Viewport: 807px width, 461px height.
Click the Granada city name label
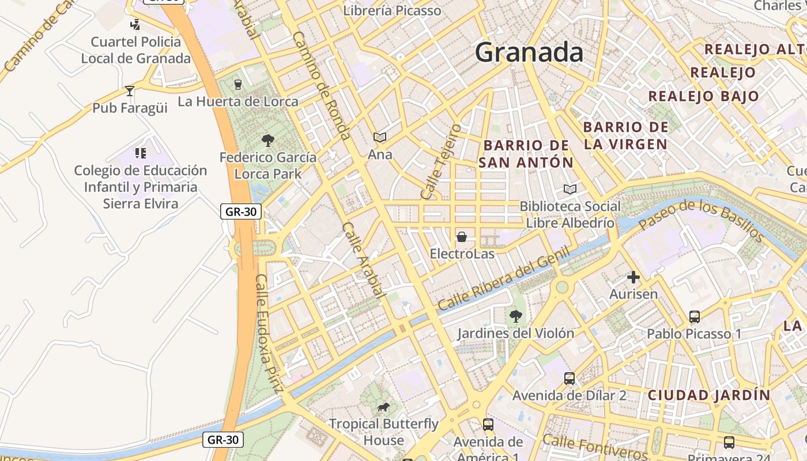coord(529,52)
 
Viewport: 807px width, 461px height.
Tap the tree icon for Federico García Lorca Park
coord(267,140)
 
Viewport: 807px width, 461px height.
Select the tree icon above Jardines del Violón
coord(516,316)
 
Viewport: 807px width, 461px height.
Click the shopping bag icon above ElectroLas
coord(462,236)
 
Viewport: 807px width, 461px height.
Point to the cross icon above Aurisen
coord(633,277)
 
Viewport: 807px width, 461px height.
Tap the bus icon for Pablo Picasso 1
coord(695,317)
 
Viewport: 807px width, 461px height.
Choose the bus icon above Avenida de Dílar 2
coord(570,379)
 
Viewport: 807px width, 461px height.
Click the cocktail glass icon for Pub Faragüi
coord(130,91)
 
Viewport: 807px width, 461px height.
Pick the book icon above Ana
coord(379,137)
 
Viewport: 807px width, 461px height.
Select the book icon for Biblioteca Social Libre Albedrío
coord(570,189)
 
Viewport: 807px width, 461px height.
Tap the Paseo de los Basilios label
coord(701,218)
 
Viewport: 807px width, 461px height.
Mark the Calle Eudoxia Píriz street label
coord(269,334)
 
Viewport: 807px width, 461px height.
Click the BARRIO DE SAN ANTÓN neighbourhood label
coord(526,154)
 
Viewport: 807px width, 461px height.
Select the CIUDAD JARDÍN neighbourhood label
coord(708,395)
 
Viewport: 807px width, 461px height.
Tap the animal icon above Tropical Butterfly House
coord(383,407)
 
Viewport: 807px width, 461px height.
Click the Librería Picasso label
coord(392,10)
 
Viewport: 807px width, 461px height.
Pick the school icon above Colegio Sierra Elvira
coord(141,153)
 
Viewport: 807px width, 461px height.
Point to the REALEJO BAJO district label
coord(703,96)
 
